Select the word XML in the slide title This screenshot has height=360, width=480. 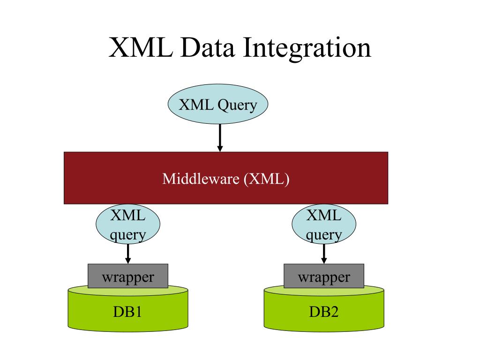140,48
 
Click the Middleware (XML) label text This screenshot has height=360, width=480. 225,179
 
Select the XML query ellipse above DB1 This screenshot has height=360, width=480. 127,225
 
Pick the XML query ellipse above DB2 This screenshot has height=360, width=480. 324,225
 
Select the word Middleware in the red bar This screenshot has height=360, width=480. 201,179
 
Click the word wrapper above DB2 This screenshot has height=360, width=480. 324,277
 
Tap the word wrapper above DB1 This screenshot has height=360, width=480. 128,277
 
